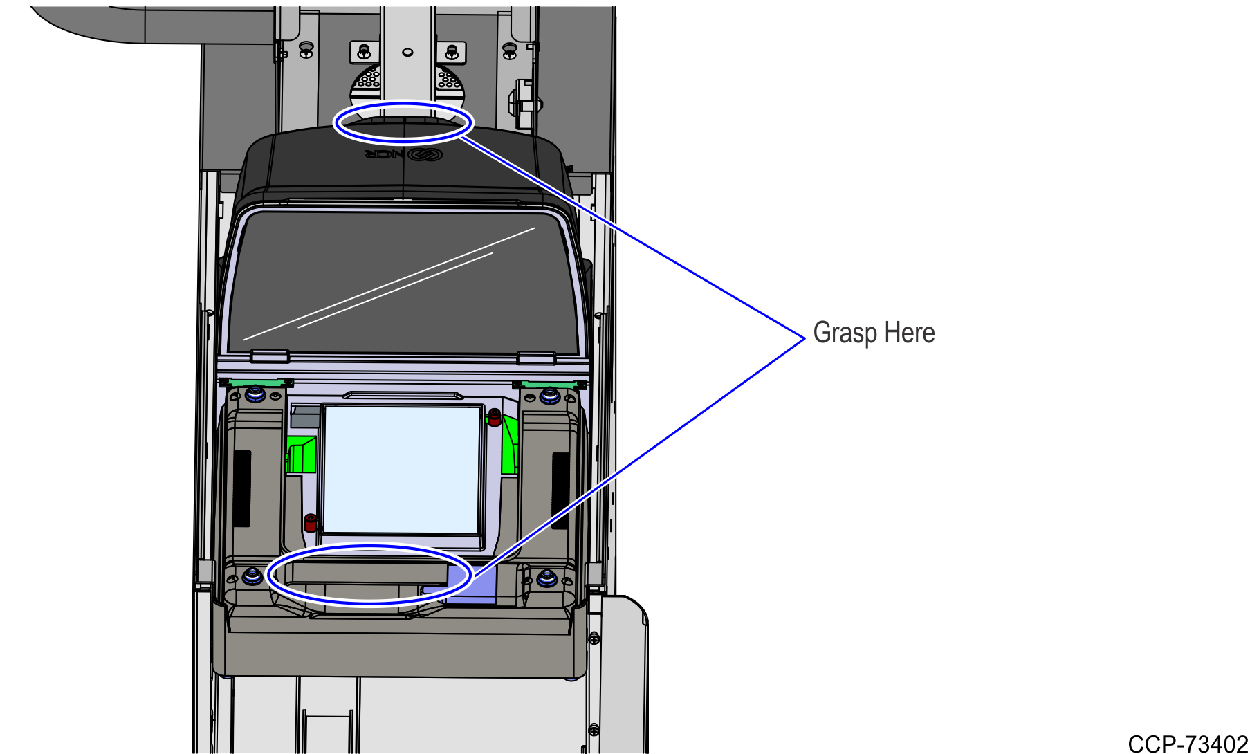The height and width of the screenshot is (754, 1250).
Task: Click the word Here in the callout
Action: (910, 333)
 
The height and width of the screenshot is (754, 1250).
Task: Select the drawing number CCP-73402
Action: (1188, 744)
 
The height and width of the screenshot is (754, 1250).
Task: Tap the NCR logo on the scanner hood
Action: (404, 154)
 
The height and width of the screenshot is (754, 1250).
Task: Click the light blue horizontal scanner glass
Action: (402, 470)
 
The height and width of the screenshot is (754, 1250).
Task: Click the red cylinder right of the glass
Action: (495, 416)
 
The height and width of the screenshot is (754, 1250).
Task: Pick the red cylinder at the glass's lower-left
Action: (311, 522)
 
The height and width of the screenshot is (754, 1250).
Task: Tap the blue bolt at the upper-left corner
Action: (255, 394)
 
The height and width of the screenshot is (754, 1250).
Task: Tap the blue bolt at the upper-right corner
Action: (550, 396)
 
